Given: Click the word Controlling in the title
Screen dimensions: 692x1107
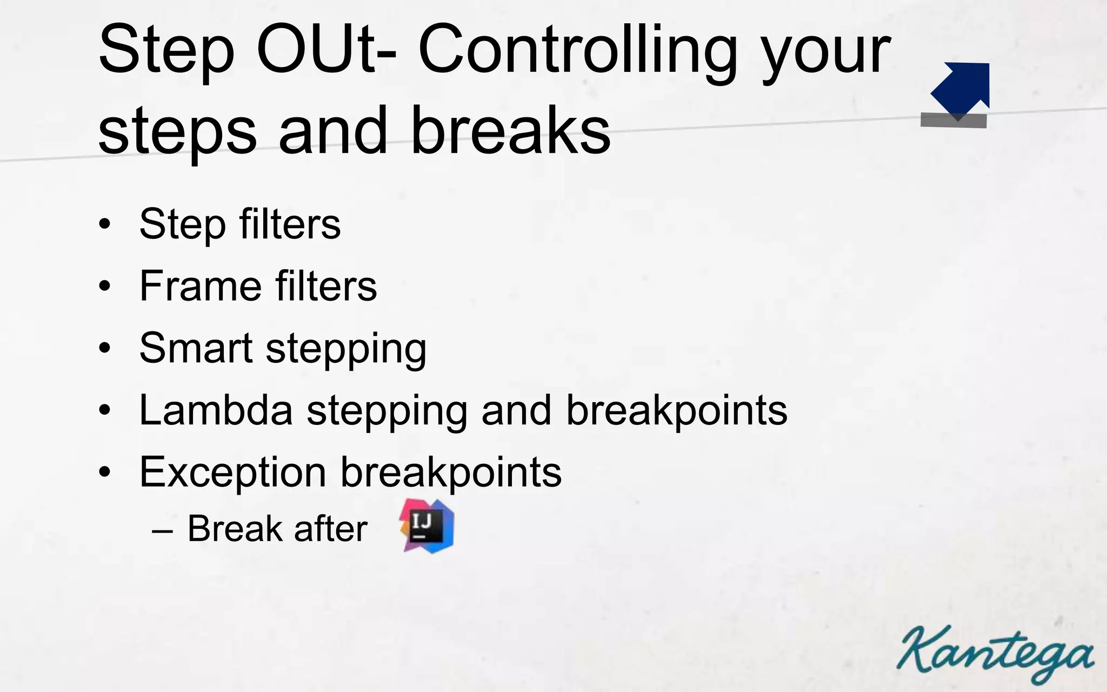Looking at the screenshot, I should click(577, 50).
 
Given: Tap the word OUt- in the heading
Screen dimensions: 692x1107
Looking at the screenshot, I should click(326, 50).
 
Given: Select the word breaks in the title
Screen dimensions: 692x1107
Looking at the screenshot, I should click(510, 131).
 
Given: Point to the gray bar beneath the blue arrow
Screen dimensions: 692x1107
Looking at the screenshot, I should click(953, 120).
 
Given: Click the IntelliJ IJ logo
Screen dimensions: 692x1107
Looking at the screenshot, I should click(427, 526).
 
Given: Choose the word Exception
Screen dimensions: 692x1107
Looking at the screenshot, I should click(232, 472).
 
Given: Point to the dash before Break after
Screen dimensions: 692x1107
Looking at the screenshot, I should click(163, 530).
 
